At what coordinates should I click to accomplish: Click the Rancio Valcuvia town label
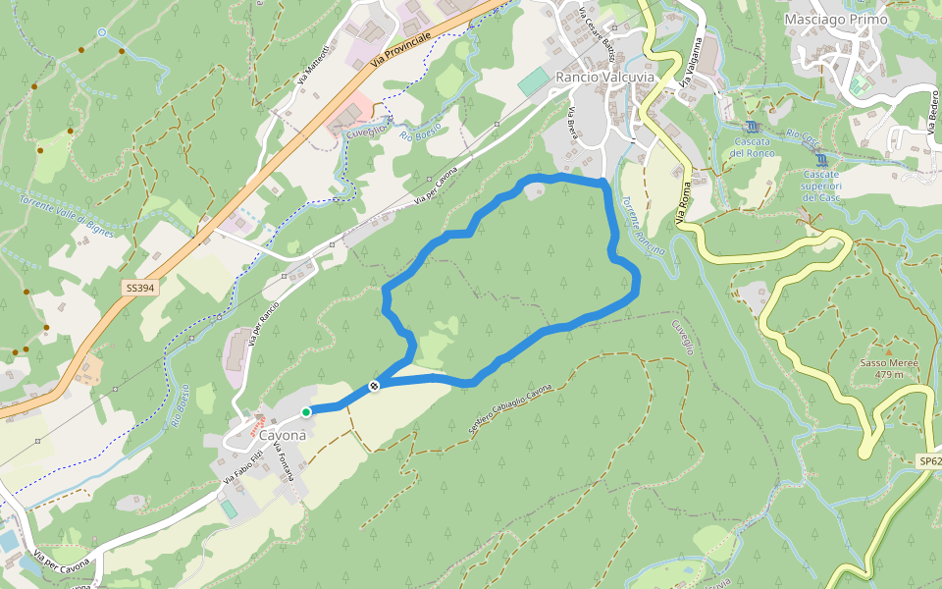(x=603, y=77)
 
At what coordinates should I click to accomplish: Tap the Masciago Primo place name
(x=836, y=19)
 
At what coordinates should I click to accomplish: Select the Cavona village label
(x=283, y=434)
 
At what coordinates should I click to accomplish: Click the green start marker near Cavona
(x=306, y=412)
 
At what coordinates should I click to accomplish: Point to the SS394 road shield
(x=138, y=289)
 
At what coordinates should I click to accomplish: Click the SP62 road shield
(x=929, y=461)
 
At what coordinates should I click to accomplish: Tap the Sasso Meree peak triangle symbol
(x=888, y=350)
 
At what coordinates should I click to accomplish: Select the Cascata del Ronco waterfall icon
(x=752, y=128)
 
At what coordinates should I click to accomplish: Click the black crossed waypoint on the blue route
(x=374, y=387)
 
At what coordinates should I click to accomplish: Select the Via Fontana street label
(x=286, y=460)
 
